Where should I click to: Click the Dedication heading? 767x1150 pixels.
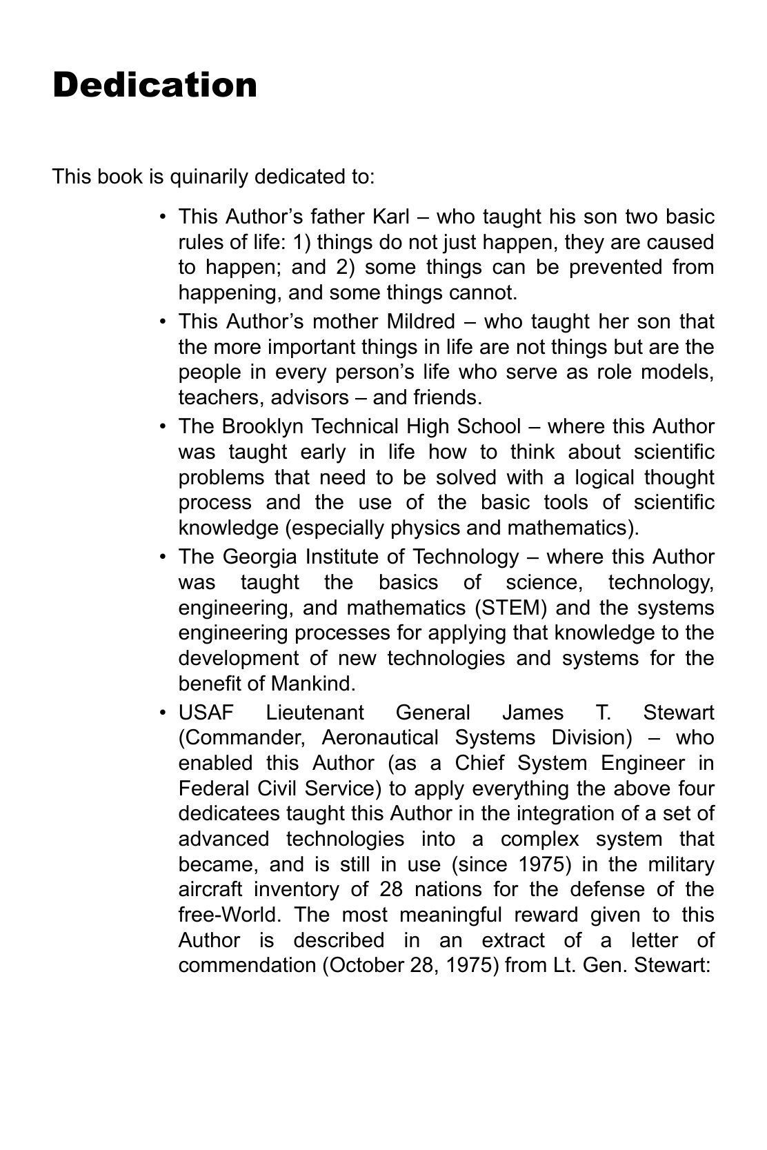click(155, 86)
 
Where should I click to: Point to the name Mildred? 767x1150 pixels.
click(421, 321)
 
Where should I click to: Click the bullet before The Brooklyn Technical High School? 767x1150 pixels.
click(163, 426)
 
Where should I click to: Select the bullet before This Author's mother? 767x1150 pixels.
click(163, 321)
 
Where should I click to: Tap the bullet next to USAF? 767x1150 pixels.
click(163, 713)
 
